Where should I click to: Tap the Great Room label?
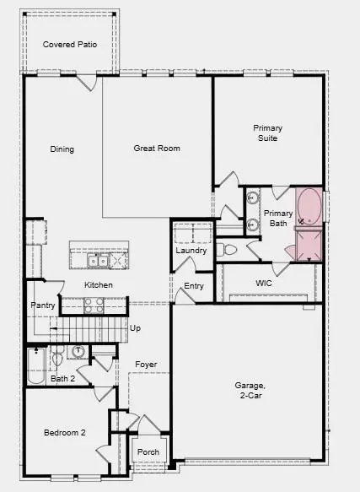pos(157,149)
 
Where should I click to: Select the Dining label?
pos(62,149)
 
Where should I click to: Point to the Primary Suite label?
pos(268,133)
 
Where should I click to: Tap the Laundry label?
pos(191,251)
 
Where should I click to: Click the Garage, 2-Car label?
pos(250,390)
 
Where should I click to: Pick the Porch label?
pos(148,452)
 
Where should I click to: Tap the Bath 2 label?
pos(62,378)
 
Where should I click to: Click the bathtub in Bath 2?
pos(35,365)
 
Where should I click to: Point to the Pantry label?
pos(43,305)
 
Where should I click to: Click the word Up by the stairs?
pos(135,327)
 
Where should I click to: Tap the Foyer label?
pos(146,365)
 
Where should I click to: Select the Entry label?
pos(194,286)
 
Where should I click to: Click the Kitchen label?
pos(99,285)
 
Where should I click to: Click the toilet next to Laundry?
pos(225,249)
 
